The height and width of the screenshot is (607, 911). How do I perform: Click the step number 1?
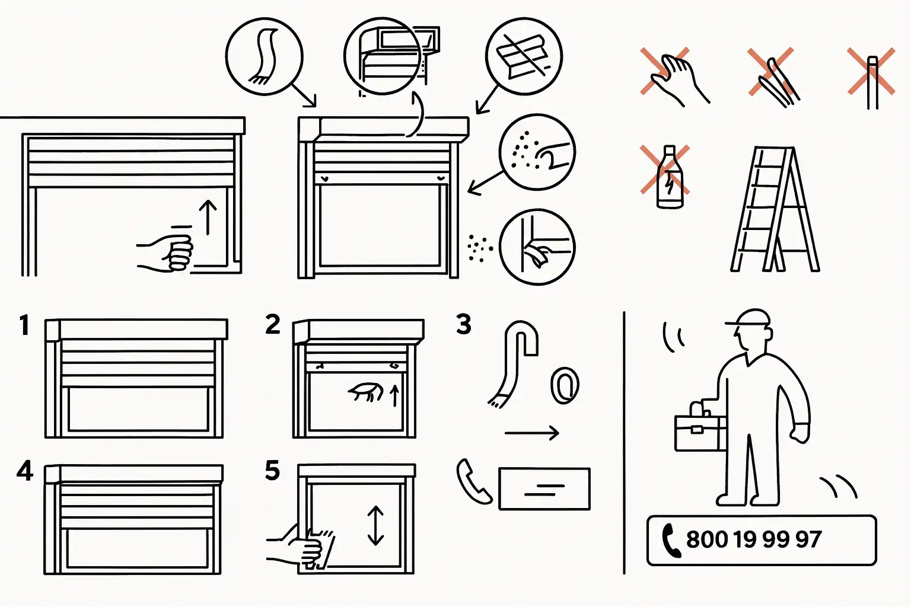click(24, 325)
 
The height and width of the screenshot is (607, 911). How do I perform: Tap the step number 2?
click(272, 324)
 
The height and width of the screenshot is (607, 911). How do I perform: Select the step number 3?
click(464, 324)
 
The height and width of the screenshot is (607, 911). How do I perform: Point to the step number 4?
click(25, 471)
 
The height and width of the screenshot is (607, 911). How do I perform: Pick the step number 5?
click(272, 471)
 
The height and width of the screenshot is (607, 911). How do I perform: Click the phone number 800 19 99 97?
click(754, 539)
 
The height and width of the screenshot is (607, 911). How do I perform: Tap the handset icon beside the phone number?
click(671, 541)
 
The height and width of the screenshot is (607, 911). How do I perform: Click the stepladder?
click(775, 209)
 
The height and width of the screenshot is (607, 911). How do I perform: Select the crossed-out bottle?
click(670, 177)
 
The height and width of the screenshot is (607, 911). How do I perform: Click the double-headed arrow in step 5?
click(375, 525)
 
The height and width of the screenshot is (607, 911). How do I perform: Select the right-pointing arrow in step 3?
click(532, 433)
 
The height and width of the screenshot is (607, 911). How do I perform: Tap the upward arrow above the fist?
click(208, 217)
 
